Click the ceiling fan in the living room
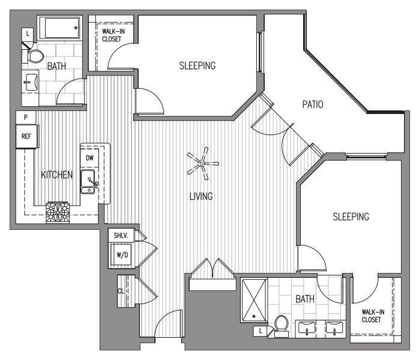pos(202,163)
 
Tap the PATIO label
pos(313,104)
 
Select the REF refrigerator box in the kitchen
pos(26,136)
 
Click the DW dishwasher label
pos(89,158)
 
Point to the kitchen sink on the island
pos(88,181)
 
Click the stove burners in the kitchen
pos(58,213)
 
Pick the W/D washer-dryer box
pos(121,255)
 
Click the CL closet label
pos(121,290)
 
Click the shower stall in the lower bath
pos(255,301)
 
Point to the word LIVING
pos(201,196)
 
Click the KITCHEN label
pos(56,175)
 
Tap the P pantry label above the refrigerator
pos(26,116)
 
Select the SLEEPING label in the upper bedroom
pos(197,65)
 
